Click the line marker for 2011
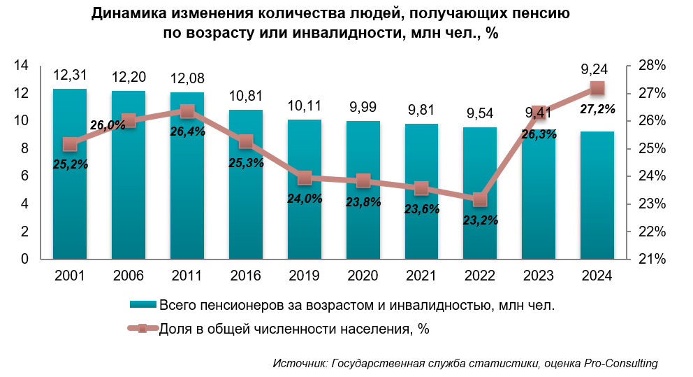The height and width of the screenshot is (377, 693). pyautogui.click(x=187, y=111)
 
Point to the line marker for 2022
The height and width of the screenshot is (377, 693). pyautogui.click(x=479, y=200)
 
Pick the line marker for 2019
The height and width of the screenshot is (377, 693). pyautogui.click(x=304, y=178)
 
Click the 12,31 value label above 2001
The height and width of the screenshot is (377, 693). pyautogui.click(x=70, y=76)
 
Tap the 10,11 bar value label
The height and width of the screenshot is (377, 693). pyautogui.click(x=304, y=106)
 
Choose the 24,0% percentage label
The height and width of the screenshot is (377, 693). pyautogui.click(x=304, y=198)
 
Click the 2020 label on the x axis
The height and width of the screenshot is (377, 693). pyautogui.click(x=363, y=276)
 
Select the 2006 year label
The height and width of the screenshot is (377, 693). pyautogui.click(x=129, y=276)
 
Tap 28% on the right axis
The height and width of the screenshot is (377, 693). pyautogui.click(x=651, y=66)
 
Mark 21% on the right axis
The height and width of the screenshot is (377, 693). pyautogui.click(x=651, y=259)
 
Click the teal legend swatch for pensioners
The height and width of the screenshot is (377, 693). pyautogui.click(x=143, y=304)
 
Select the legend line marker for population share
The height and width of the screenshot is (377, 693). pyautogui.click(x=143, y=329)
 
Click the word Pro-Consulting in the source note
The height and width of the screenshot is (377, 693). pyautogui.click(x=620, y=363)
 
